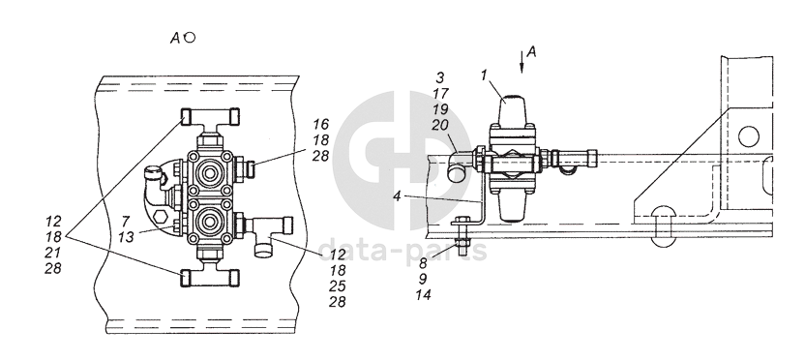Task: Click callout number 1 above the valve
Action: coord(484,75)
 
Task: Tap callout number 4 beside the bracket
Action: coord(398,196)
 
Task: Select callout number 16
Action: coord(321,124)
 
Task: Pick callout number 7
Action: coord(126,222)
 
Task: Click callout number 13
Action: coord(127,237)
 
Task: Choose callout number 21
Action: coord(53,253)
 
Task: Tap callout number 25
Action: coord(338,286)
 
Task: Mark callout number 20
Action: coord(440,125)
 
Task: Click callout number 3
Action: coord(440,77)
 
